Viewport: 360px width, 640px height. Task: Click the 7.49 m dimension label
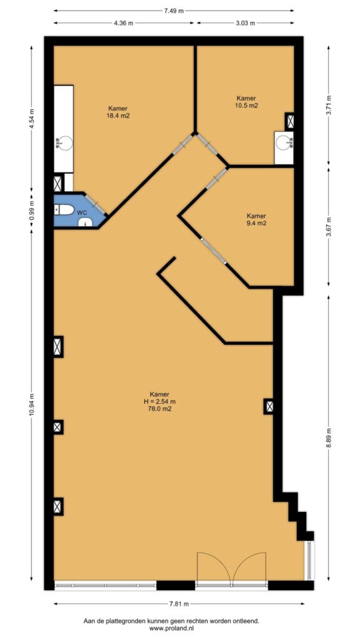pos(174,11)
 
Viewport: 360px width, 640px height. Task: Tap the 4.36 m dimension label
pos(124,23)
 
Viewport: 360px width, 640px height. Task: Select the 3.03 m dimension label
pos(245,23)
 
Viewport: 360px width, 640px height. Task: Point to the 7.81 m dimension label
pos(179,604)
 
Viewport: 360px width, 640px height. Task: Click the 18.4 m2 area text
pos(118,116)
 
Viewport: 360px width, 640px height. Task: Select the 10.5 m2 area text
pos(246,105)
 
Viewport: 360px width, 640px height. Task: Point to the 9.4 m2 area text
pos(256,223)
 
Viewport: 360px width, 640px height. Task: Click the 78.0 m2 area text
pos(159,407)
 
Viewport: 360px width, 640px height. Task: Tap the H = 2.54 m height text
pos(159,401)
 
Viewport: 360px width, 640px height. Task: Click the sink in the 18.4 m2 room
pos(64,143)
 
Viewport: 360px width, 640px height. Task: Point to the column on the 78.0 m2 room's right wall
pos(269,406)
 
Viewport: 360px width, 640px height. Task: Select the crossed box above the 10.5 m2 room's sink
pos(290,121)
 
